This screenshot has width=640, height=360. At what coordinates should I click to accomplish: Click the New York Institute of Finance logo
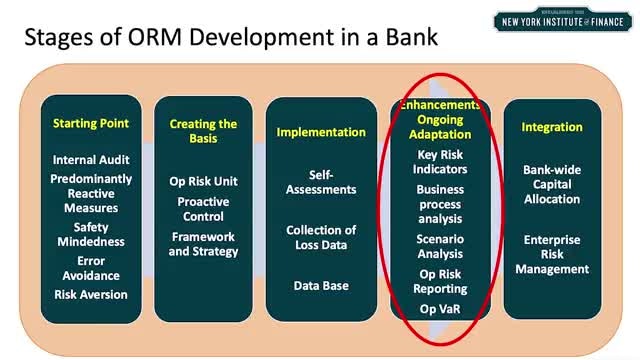(x=562, y=20)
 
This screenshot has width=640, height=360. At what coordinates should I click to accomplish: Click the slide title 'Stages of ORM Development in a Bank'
(x=231, y=37)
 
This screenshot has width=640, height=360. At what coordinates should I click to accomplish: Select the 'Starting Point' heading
(x=91, y=123)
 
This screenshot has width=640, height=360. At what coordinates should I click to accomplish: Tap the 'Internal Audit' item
(x=91, y=160)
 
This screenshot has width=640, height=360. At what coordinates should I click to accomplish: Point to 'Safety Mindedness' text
(x=91, y=234)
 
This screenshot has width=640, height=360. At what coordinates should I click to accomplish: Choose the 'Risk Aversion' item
(x=91, y=294)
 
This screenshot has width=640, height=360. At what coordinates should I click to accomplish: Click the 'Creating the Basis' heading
(x=203, y=131)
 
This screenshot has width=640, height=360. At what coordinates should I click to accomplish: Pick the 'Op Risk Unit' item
(x=203, y=181)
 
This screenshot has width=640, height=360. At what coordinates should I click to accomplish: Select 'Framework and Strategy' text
(x=203, y=244)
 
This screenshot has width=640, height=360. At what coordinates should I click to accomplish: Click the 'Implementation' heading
(x=321, y=132)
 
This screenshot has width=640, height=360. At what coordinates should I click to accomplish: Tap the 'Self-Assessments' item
(x=321, y=182)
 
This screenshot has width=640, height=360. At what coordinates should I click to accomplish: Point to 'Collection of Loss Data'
(x=321, y=238)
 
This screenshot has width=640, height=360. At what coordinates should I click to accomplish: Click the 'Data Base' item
(x=321, y=286)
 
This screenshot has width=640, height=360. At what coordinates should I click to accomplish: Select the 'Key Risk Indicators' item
(x=440, y=162)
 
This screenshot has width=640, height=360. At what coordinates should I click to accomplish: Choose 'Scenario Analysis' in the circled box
(x=440, y=247)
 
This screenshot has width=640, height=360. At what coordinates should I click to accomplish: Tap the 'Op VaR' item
(x=440, y=309)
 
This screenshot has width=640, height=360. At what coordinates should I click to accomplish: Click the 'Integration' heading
(x=552, y=127)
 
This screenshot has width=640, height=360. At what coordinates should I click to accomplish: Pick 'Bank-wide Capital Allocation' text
(x=552, y=184)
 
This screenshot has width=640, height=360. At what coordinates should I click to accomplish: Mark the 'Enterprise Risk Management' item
(x=552, y=254)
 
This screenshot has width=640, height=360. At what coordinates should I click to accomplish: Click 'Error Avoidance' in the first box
(x=91, y=268)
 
